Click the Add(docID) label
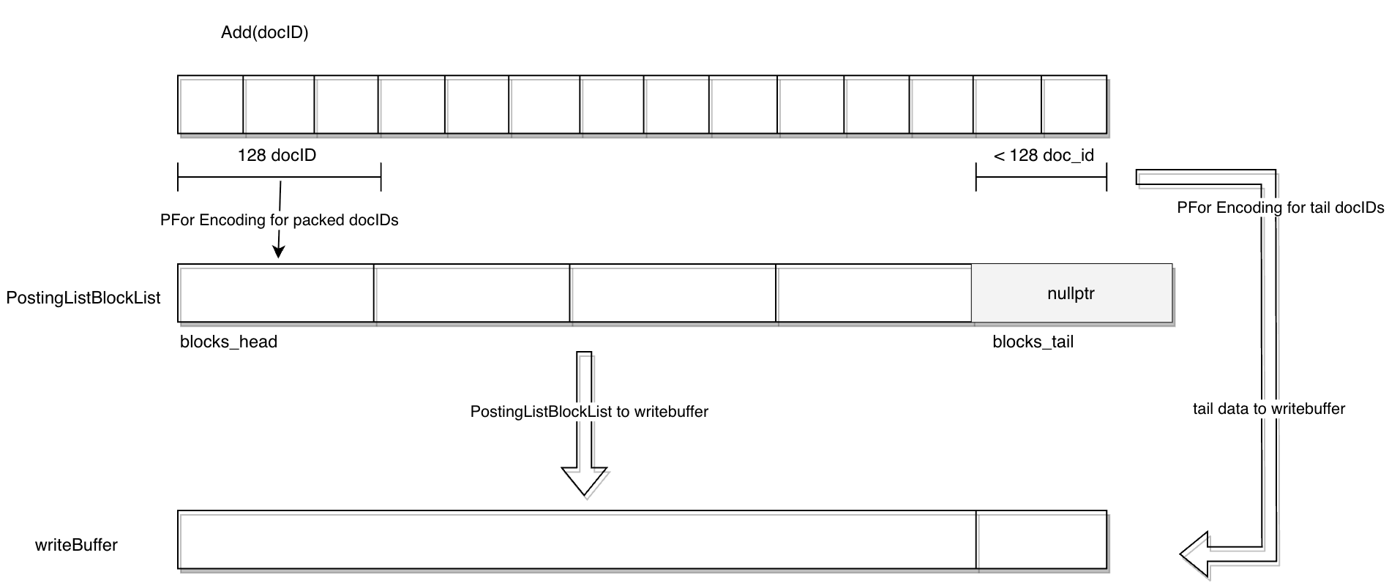click(x=264, y=33)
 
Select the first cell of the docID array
click(x=211, y=105)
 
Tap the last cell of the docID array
click(x=1074, y=105)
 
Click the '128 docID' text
click(x=277, y=155)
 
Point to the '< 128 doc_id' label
click(x=1044, y=155)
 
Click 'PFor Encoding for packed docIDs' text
click(x=279, y=220)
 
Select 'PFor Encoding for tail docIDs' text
click(x=1280, y=208)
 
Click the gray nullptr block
click(x=1071, y=293)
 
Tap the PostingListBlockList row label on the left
click(x=83, y=298)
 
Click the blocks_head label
click(x=228, y=342)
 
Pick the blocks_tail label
click(x=1033, y=342)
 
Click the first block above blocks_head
click(x=276, y=293)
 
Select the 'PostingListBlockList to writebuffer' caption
click(x=589, y=412)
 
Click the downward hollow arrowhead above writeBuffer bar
click(x=584, y=480)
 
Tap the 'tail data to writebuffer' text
click(x=1268, y=409)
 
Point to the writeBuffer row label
click(x=76, y=545)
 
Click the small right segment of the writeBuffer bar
click(x=1041, y=540)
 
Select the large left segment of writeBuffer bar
click(x=577, y=540)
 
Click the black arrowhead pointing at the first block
click(x=278, y=251)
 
